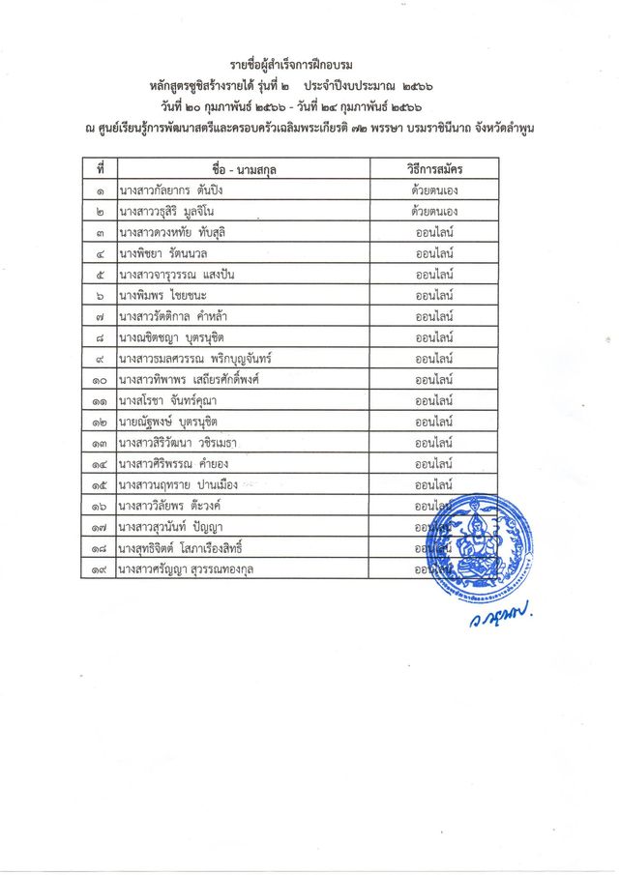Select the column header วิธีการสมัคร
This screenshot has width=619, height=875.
point(435,169)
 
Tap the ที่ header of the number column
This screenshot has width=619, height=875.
point(101,169)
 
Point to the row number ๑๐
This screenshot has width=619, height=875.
point(101,379)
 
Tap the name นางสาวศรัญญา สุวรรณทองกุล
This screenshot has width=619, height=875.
point(188,569)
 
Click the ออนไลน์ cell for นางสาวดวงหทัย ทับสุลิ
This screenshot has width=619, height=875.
point(435,232)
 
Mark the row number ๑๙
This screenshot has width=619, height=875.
point(101,569)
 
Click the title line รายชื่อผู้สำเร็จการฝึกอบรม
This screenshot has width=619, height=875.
point(309,66)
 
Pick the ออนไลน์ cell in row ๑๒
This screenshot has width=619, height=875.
point(435,421)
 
